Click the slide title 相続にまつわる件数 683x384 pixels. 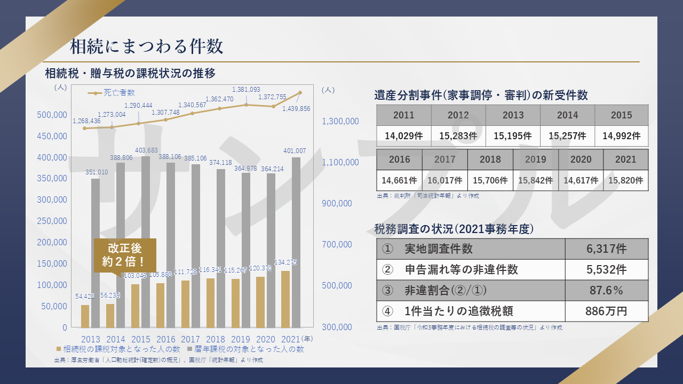click(x=147, y=46)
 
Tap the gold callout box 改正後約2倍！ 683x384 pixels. click(x=125, y=255)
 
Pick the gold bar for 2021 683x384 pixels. click(x=285, y=299)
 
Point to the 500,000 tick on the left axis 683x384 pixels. click(x=52, y=115)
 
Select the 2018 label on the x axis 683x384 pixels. click(x=216, y=339)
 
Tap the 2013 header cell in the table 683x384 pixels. click(x=513, y=115)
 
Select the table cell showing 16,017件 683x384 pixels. click(x=444, y=180)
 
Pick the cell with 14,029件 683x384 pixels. click(x=404, y=136)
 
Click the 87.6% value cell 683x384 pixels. click(x=606, y=291)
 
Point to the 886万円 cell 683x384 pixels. click(x=606, y=311)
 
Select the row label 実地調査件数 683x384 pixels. click(x=439, y=249)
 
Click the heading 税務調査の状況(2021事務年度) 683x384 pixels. click(x=454, y=229)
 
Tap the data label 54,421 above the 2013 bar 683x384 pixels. click(x=85, y=295)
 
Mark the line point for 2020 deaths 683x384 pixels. click(x=273, y=107)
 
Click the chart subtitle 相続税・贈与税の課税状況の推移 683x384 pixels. click(x=130, y=73)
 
